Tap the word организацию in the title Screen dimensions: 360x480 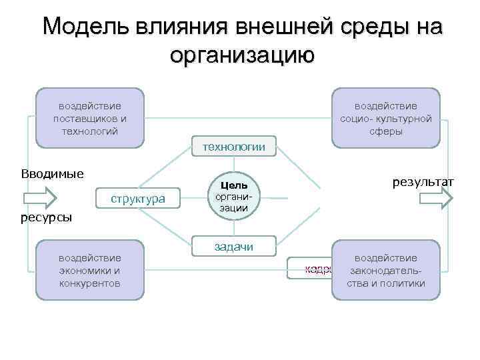click(x=241, y=55)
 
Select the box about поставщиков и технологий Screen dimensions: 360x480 click(x=90, y=118)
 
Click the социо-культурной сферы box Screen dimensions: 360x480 click(x=386, y=118)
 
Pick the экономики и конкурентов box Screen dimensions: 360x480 click(x=90, y=270)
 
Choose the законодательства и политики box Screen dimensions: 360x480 click(x=386, y=270)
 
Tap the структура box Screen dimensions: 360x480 click(x=138, y=199)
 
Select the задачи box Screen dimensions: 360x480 click(x=233, y=247)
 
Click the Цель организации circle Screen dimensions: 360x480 click(x=233, y=196)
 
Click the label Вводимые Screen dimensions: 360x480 click(x=52, y=174)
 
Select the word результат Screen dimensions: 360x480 click(x=423, y=181)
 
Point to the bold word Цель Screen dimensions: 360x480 click(x=234, y=185)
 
